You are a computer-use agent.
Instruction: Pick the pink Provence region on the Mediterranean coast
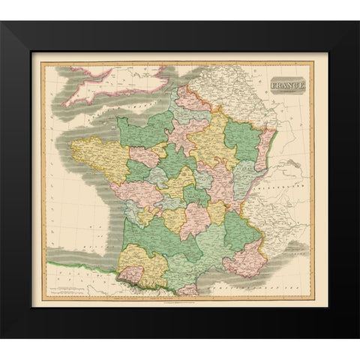pyautogui.click(x=244, y=259)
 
